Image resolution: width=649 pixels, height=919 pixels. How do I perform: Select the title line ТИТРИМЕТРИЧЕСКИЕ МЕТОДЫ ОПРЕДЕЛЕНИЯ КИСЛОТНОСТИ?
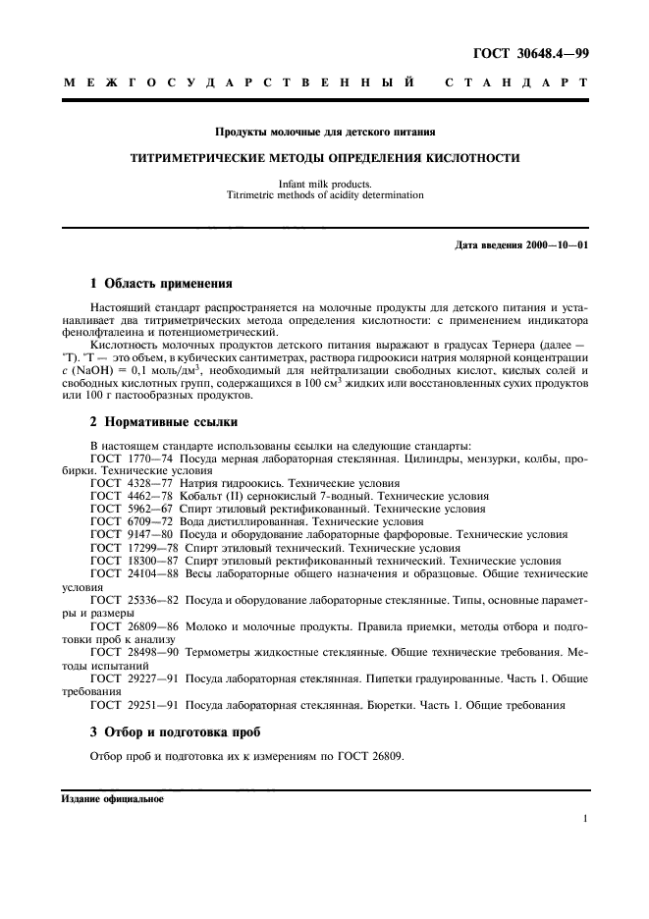325,157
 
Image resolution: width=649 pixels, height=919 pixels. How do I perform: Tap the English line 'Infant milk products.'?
325,184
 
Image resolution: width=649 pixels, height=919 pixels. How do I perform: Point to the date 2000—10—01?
555,244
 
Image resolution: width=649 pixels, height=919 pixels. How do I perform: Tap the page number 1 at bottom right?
584,818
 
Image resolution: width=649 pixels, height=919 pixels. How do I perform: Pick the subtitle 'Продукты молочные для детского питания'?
325,130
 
